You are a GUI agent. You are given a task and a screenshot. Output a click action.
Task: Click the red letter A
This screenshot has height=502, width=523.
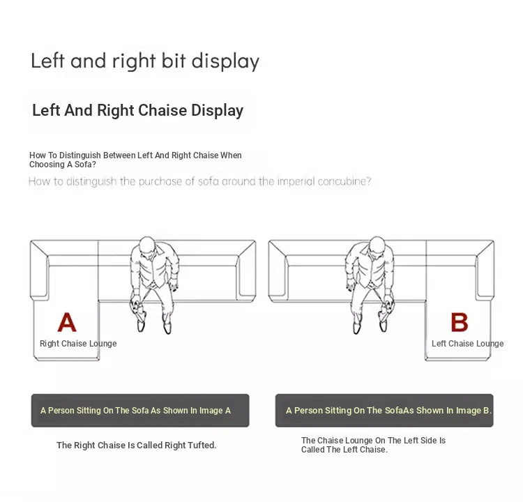67,322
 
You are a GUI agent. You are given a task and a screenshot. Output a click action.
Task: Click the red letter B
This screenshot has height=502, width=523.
460,322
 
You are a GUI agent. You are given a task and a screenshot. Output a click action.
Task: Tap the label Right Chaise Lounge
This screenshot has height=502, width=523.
78,344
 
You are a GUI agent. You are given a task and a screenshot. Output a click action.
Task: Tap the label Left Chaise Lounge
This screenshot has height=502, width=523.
468,344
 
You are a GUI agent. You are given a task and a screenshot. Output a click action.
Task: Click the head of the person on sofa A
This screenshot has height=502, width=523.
146,247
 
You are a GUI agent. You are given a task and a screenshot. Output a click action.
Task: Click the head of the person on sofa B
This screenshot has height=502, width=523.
377,247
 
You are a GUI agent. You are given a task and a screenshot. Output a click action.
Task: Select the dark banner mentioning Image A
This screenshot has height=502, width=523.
140,410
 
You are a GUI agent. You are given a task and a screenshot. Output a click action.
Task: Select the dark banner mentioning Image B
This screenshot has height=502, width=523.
384,410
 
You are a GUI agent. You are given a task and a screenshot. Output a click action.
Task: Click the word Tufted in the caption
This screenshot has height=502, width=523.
202,446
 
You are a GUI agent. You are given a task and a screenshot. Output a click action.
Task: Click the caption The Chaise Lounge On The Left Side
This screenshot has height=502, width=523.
373,441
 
